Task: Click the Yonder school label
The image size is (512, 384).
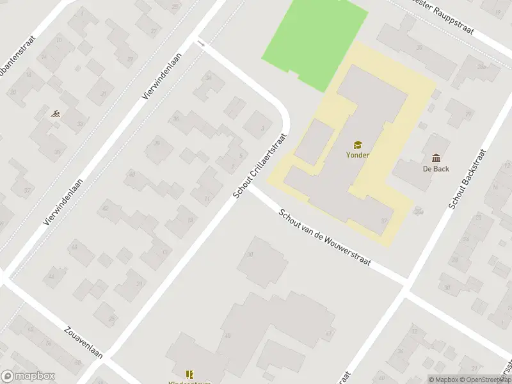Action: [x=358, y=154]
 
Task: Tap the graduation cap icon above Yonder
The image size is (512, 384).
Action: [x=358, y=144]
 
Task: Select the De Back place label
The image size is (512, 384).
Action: [x=436, y=169]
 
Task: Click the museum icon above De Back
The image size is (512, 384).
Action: [x=436, y=158]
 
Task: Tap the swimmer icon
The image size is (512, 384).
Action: [x=56, y=114]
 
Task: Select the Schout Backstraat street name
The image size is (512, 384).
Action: [x=467, y=180]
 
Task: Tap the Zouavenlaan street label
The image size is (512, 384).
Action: [x=83, y=346]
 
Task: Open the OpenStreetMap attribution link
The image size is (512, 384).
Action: [x=489, y=380]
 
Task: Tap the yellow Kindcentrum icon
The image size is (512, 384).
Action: [x=189, y=374]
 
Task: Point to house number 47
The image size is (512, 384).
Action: [x=329, y=333]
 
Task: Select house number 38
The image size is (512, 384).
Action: [x=156, y=142]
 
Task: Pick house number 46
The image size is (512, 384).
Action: [x=51, y=276]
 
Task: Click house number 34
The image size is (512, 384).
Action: [x=208, y=77]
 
